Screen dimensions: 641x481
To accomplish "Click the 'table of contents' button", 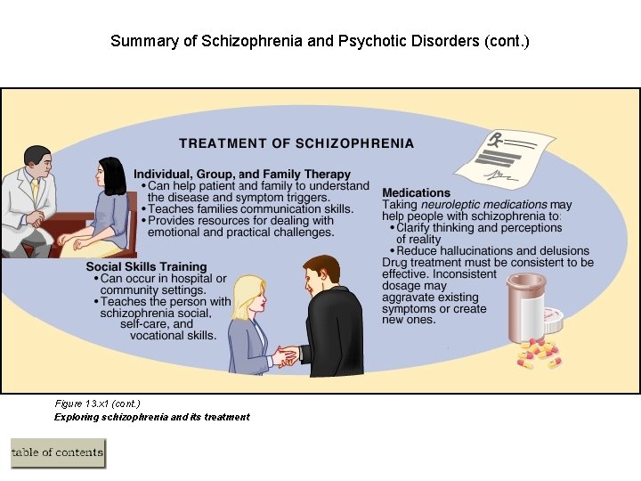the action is coord(58,452).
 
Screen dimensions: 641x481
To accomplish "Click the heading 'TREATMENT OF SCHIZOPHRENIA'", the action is coord(296,143).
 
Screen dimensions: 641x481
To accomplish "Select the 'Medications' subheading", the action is coord(416,192).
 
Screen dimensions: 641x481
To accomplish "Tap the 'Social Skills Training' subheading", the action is coord(146,266).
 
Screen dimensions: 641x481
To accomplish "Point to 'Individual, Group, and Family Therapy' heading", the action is coord(242,175).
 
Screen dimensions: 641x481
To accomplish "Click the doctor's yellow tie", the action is coord(35,191).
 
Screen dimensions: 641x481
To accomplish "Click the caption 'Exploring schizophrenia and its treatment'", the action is coord(151,417).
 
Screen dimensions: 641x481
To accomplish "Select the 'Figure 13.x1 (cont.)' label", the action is coord(97,404).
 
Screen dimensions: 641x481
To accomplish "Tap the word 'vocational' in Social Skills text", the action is coord(158,336).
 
